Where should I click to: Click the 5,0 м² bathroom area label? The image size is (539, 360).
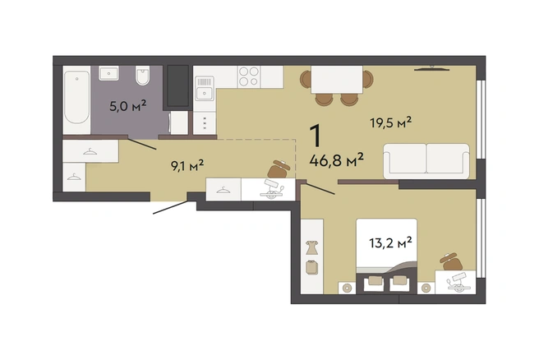click(x=128, y=105)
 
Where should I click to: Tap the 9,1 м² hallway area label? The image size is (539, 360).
click(x=187, y=165)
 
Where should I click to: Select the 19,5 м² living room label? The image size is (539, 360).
click(x=391, y=122)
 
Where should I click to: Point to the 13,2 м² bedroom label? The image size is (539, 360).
click(x=391, y=242)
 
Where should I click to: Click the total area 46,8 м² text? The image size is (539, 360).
click(x=337, y=159)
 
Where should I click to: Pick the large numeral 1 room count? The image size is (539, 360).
click(x=316, y=135)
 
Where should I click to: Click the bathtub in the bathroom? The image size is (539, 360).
click(x=76, y=97)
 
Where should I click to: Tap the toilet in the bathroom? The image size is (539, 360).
click(x=143, y=76)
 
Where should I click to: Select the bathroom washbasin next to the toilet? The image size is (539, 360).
click(x=108, y=73)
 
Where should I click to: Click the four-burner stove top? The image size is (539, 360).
click(x=249, y=76)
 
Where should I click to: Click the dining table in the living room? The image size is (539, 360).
click(x=337, y=80)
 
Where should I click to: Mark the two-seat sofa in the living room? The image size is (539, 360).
click(x=426, y=161)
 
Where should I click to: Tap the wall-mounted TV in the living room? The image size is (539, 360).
click(x=431, y=68)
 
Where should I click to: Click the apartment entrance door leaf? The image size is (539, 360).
click(x=170, y=207)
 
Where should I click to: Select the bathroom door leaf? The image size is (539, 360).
click(x=142, y=143)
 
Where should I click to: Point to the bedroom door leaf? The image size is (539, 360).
click(x=320, y=189)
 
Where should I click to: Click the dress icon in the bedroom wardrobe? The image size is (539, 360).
click(x=311, y=247)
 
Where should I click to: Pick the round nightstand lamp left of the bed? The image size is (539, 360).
click(x=347, y=288)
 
